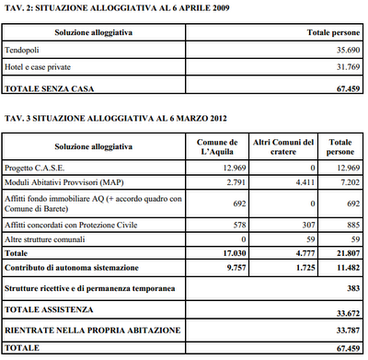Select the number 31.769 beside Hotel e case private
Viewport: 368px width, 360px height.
tap(342, 69)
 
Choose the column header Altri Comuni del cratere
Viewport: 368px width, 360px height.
tap(284, 146)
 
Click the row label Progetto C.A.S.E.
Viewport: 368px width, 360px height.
tap(38, 168)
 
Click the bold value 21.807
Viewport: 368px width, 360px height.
tap(347, 251)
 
